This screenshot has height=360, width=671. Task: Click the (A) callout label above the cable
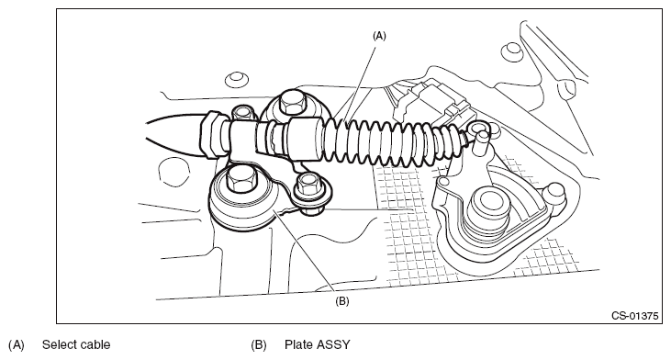[379, 36]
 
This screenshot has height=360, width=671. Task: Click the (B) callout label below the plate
[341, 301]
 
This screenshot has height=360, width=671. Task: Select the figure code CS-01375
[634, 316]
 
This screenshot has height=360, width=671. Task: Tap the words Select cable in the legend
[76, 344]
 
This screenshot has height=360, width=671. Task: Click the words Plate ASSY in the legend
[317, 344]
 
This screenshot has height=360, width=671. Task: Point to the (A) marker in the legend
[17, 345]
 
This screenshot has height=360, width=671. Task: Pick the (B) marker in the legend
[259, 345]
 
